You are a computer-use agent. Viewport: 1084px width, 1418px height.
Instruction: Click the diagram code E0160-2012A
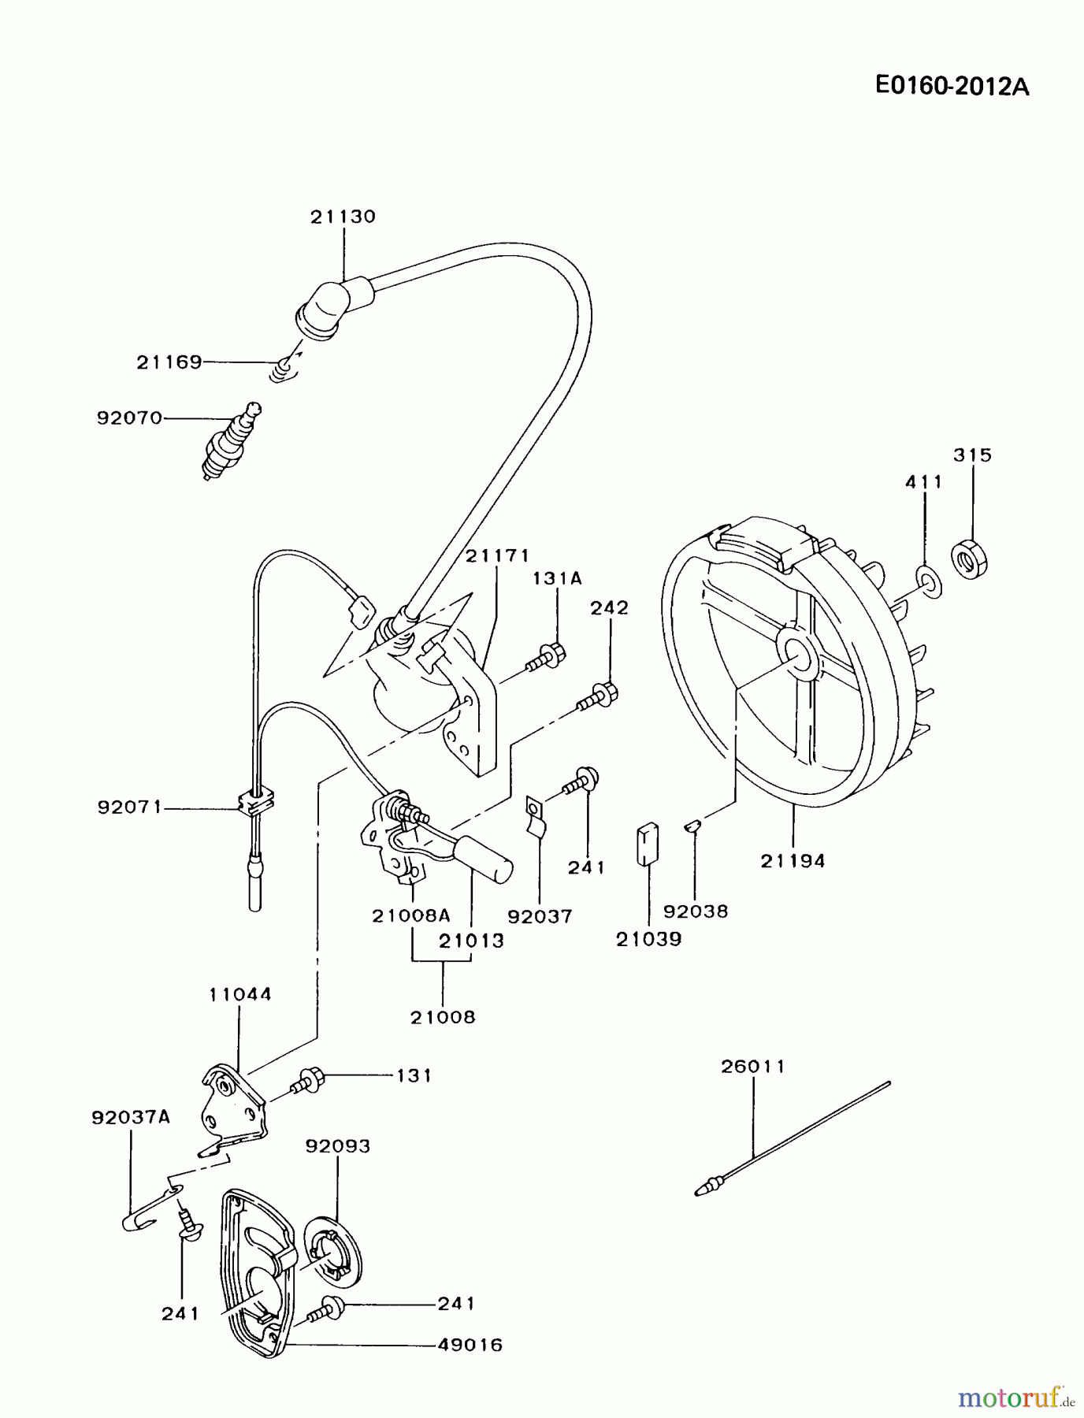[952, 86]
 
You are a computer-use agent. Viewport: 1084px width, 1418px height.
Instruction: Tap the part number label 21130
[343, 217]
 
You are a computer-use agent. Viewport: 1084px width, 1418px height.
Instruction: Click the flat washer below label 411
[930, 581]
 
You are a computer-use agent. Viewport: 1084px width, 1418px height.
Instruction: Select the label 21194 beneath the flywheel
[793, 861]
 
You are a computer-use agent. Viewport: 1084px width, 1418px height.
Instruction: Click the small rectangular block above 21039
[648, 844]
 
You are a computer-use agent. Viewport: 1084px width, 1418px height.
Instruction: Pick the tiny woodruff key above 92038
[691, 825]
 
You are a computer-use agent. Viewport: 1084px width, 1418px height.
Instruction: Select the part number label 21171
[497, 556]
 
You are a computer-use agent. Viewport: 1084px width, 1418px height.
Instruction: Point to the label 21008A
[411, 915]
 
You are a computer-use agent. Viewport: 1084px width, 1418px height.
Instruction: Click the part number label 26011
[753, 1067]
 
